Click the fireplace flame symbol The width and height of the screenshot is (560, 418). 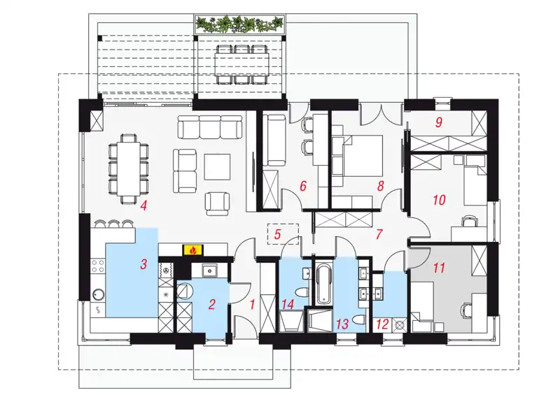(193, 250)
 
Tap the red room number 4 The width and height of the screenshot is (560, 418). (143, 206)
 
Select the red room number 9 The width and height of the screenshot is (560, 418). (439, 122)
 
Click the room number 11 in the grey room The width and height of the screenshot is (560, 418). (439, 267)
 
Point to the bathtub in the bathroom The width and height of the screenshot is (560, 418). (324, 284)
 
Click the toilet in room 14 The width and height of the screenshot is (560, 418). (302, 293)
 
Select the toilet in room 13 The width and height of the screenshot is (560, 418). (358, 319)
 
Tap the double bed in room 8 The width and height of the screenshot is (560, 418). (358, 155)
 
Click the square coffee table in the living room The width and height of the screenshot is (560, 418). (217, 166)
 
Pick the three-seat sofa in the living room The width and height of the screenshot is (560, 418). (209, 127)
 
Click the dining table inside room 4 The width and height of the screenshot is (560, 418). (129, 169)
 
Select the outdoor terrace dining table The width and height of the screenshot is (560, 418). (241, 64)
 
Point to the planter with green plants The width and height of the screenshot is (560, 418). (239, 24)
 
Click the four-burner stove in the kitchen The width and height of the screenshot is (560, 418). (98, 266)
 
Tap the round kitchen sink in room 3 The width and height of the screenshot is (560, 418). (98, 294)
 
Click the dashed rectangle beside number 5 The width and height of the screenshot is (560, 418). (283, 234)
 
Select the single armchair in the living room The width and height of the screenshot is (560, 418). (217, 203)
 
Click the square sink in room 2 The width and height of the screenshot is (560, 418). (208, 271)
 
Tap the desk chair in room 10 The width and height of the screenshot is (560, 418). (469, 222)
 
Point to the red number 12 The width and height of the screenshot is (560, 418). (382, 324)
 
